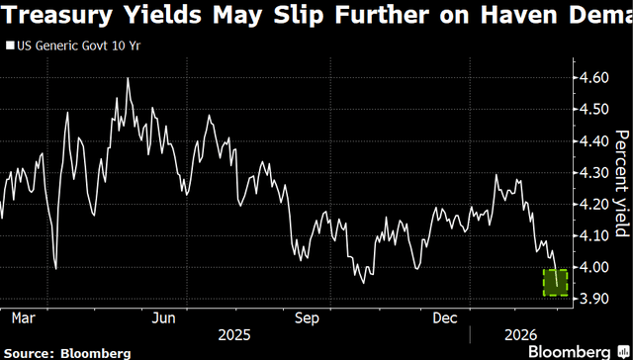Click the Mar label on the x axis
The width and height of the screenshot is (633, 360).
pos(24,318)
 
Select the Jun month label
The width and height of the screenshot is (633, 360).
pos(164,318)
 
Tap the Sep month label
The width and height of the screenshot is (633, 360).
pos(307,318)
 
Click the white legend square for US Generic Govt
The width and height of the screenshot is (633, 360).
pos(9,46)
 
